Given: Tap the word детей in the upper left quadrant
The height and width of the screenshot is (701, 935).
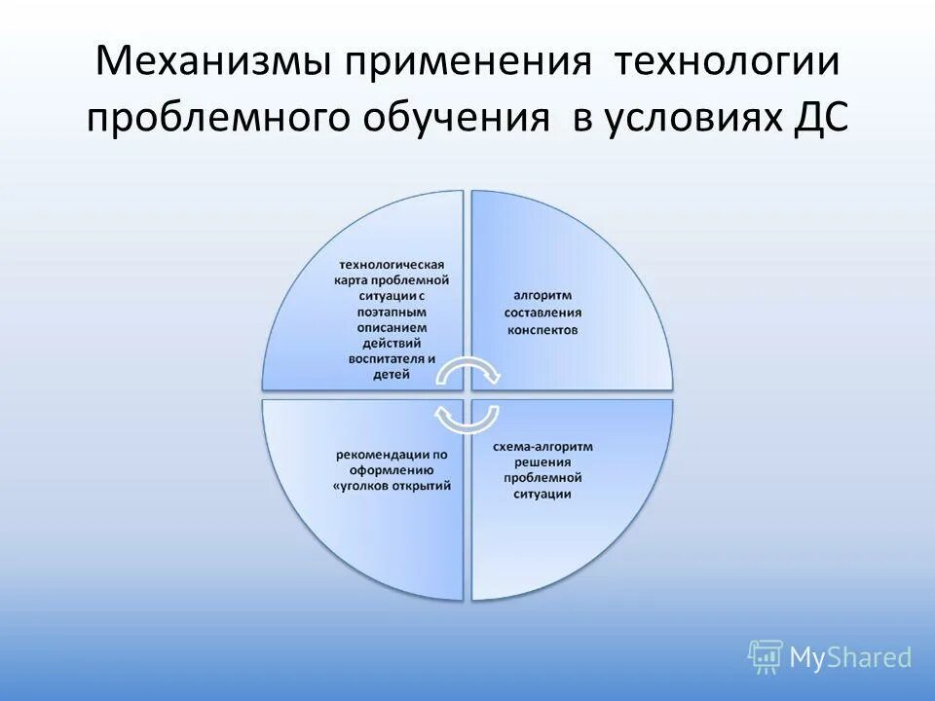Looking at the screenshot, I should pos(391,375).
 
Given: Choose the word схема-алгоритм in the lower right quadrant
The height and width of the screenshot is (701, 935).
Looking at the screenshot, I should pos(542,446).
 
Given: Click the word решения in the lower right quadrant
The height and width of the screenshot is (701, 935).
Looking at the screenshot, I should pos(542,462).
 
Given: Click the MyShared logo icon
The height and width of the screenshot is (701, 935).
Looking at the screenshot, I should pos(766,658).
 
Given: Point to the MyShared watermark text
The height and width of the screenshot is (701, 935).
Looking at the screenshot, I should pos(851,659).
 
